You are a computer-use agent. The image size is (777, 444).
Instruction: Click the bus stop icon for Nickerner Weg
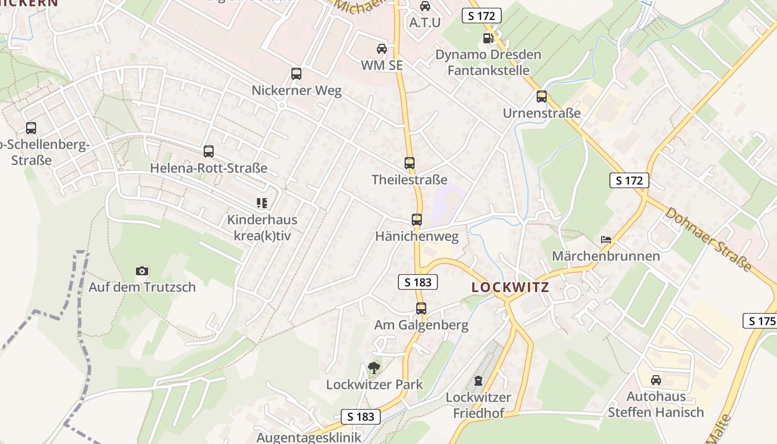click(296, 73)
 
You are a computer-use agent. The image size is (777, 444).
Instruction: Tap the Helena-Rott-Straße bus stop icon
click(209, 151)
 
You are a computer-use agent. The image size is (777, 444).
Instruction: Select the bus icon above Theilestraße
click(410, 163)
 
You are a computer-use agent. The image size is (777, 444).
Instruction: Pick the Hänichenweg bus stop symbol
click(417, 220)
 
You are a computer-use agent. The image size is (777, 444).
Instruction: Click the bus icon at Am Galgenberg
click(421, 309)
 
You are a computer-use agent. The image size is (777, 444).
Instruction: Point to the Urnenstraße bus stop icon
click(542, 97)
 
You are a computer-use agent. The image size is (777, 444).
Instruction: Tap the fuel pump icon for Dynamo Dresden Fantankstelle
click(488, 38)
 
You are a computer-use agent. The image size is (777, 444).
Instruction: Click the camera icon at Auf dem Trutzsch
click(142, 271)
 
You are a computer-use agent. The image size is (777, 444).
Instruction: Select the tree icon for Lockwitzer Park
click(374, 367)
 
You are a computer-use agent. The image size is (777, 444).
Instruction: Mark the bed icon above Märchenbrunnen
click(606, 240)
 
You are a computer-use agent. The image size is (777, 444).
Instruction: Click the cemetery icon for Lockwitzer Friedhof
click(478, 381)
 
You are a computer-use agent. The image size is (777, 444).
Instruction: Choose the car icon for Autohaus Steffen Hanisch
click(656, 380)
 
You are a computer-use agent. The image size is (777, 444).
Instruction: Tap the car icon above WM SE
click(382, 48)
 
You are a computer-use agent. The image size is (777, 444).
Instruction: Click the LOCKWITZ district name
click(510, 287)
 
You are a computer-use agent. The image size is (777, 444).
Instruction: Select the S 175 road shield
click(760, 321)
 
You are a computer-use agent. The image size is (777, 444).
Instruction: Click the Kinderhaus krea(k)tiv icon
click(262, 203)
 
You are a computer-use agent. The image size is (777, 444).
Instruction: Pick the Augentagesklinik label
click(309, 437)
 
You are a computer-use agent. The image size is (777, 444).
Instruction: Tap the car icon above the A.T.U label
click(425, 6)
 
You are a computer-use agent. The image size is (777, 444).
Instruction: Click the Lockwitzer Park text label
click(374, 384)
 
